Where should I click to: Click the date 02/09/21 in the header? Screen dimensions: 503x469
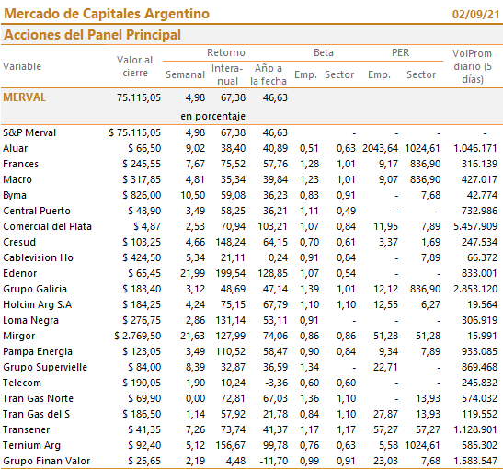(x=475, y=15)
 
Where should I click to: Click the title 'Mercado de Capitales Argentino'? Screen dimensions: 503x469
(x=107, y=14)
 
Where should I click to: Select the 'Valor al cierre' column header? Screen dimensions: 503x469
(x=135, y=66)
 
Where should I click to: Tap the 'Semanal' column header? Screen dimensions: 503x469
(x=185, y=74)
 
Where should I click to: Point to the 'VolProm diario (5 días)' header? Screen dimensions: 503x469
(x=473, y=66)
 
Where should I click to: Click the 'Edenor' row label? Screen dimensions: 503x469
(x=20, y=273)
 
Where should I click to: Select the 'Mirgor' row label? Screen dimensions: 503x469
(x=19, y=336)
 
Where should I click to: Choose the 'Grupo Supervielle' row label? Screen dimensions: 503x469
(x=45, y=367)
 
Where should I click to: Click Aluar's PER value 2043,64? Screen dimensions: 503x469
(x=380, y=148)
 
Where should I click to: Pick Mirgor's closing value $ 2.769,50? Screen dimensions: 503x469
(x=138, y=336)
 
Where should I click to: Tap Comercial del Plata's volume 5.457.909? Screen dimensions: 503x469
(x=475, y=226)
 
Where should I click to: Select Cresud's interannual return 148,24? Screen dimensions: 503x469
(x=230, y=242)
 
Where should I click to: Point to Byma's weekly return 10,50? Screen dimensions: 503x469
(x=192, y=195)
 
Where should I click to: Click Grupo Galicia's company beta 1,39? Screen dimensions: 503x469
(x=309, y=289)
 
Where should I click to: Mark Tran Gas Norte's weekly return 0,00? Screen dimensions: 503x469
(x=195, y=398)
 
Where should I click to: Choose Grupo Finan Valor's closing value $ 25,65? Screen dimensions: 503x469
(x=144, y=461)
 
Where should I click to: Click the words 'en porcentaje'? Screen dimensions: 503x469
(x=212, y=116)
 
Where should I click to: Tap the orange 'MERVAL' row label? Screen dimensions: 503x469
(x=25, y=97)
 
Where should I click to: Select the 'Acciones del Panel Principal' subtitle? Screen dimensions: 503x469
(x=92, y=35)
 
